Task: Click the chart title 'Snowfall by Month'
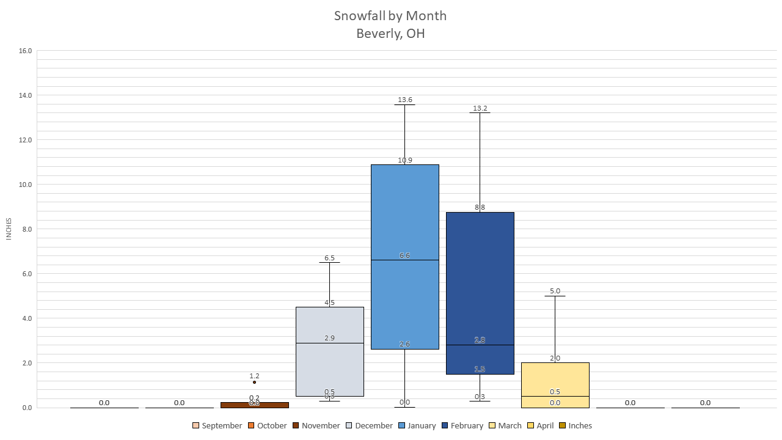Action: click(390, 16)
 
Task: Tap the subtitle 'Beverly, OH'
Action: click(390, 34)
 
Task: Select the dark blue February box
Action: click(480, 281)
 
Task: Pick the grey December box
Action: click(329, 367)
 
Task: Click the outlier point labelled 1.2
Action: click(254, 382)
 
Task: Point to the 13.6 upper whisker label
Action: click(404, 100)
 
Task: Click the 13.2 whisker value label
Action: click(480, 109)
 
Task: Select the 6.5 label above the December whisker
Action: click(329, 258)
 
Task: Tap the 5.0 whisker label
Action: click(555, 291)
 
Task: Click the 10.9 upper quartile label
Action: click(404, 160)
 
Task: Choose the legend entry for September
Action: click(217, 425)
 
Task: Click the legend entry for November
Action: click(316, 425)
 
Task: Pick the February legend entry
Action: click(462, 425)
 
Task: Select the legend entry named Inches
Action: click(575, 425)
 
